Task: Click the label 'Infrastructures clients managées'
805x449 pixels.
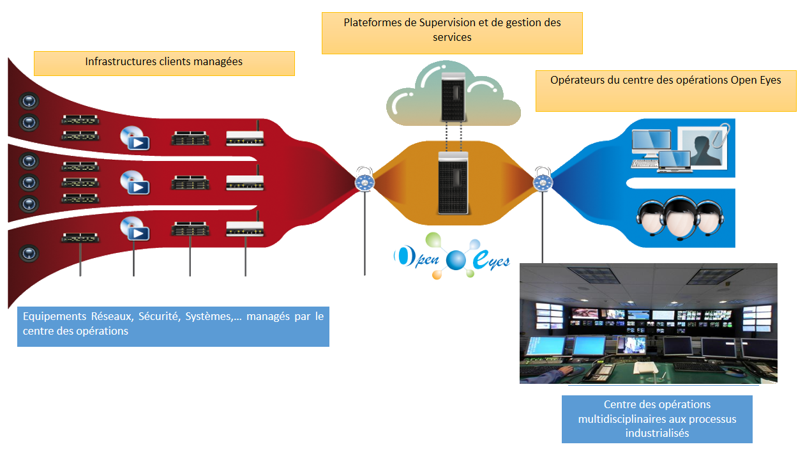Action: (x=163, y=62)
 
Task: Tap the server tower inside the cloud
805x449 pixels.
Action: (x=453, y=95)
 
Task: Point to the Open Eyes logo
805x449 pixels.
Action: (x=452, y=257)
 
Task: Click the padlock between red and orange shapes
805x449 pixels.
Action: (x=365, y=181)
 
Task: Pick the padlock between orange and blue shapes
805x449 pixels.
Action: (x=543, y=181)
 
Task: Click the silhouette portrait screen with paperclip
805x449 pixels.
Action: (x=702, y=146)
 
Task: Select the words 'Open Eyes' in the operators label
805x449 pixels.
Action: (x=759, y=80)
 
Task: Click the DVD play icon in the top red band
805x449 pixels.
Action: (x=134, y=137)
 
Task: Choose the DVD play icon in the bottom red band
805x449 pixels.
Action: (x=134, y=228)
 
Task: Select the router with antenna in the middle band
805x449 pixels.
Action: (x=245, y=181)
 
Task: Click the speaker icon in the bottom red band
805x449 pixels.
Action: (x=29, y=253)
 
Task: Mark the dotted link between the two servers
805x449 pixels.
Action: (x=453, y=136)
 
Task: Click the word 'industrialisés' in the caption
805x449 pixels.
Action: (x=657, y=432)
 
